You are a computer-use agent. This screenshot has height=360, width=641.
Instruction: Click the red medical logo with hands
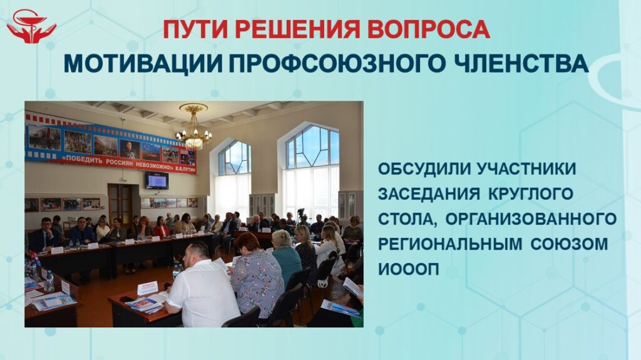coord(31,26)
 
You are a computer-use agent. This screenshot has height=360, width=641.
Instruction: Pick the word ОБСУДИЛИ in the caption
coord(424,169)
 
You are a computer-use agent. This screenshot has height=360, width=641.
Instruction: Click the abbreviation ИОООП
coord(408,270)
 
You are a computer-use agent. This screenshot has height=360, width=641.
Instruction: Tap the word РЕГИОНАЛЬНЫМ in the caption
coord(450,244)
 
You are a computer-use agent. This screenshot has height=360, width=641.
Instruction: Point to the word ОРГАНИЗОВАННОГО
coord(531,219)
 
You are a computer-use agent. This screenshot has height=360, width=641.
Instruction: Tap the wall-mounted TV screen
coord(156,180)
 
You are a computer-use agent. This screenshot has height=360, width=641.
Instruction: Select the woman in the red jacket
coord(161,227)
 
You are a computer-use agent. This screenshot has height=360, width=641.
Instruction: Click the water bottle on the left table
coord(49,282)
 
